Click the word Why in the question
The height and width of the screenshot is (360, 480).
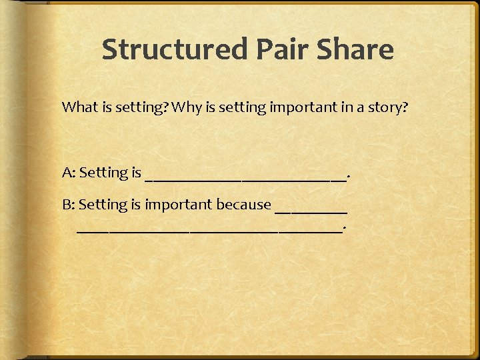185,107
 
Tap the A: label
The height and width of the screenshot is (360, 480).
69,173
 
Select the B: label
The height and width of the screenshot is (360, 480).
69,205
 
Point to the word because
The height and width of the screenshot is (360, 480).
243,205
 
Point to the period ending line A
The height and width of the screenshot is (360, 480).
349,178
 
